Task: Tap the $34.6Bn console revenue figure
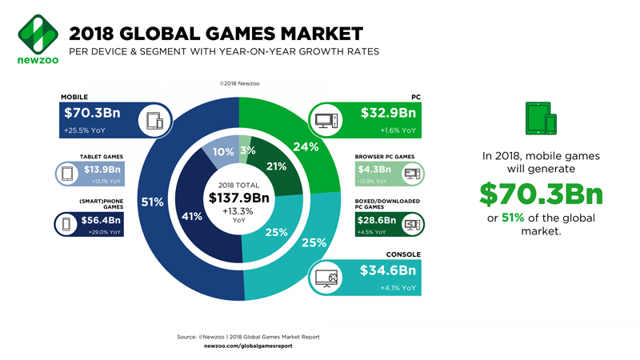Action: pos(386,270)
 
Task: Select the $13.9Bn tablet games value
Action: pos(102,170)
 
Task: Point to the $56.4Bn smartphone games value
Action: pos(102,220)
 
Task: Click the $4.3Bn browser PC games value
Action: pos(374,170)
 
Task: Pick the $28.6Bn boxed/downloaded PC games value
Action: pos(375,219)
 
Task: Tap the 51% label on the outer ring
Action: pos(153,202)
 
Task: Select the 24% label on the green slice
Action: pos(306,146)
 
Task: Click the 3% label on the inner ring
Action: pos(247,150)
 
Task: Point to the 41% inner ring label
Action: pos(192,216)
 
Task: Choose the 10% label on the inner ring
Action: pos(223,152)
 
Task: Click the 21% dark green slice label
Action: pos(276,166)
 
